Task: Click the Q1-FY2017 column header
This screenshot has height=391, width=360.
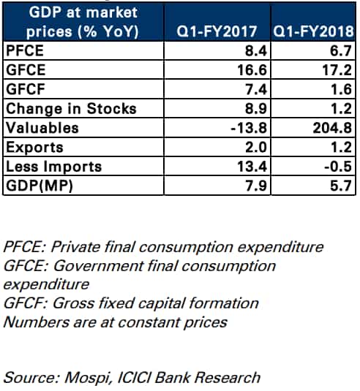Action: point(217,31)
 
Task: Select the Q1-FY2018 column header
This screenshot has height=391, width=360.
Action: point(313,31)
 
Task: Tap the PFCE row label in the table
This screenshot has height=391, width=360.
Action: point(25,50)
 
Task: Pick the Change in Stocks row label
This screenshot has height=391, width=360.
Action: point(71,109)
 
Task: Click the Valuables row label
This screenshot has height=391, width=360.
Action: point(42,128)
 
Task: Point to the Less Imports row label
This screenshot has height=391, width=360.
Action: point(53,167)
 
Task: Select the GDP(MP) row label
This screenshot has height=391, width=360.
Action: point(40,186)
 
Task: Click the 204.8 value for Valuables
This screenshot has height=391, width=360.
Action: point(332,128)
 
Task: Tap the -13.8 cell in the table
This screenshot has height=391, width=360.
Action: point(249,128)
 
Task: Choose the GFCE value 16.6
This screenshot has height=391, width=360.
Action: point(252,70)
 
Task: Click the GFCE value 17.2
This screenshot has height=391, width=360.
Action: point(337,70)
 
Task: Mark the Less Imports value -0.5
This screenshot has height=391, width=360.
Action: point(338,167)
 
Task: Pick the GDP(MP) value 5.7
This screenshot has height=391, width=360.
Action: point(341,186)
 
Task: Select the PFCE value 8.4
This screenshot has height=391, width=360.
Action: point(256,51)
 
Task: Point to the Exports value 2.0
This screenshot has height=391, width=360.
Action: point(256,148)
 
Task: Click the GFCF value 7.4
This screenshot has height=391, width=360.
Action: point(256,89)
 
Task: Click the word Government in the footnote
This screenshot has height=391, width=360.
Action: point(98,266)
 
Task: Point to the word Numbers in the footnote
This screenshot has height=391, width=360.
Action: point(37,322)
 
